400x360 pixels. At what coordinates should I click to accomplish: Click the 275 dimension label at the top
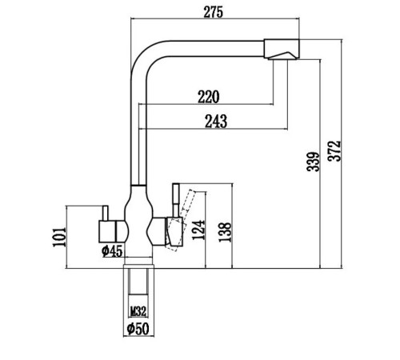coord(213,12)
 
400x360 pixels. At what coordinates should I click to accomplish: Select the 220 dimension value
coord(209,97)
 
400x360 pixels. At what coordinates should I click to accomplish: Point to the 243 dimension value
coord(216,122)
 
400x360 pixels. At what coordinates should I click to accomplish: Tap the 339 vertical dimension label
coord(313,162)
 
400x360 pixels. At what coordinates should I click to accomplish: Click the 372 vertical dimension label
coord(334,151)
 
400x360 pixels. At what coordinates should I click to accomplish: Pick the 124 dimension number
coord(198,230)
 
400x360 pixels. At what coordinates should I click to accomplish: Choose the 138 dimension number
coord(225,232)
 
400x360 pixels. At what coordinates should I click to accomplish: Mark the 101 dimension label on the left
coord(59,237)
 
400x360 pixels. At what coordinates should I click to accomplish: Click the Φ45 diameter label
coord(112,250)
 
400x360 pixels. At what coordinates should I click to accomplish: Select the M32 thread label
coord(138,311)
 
